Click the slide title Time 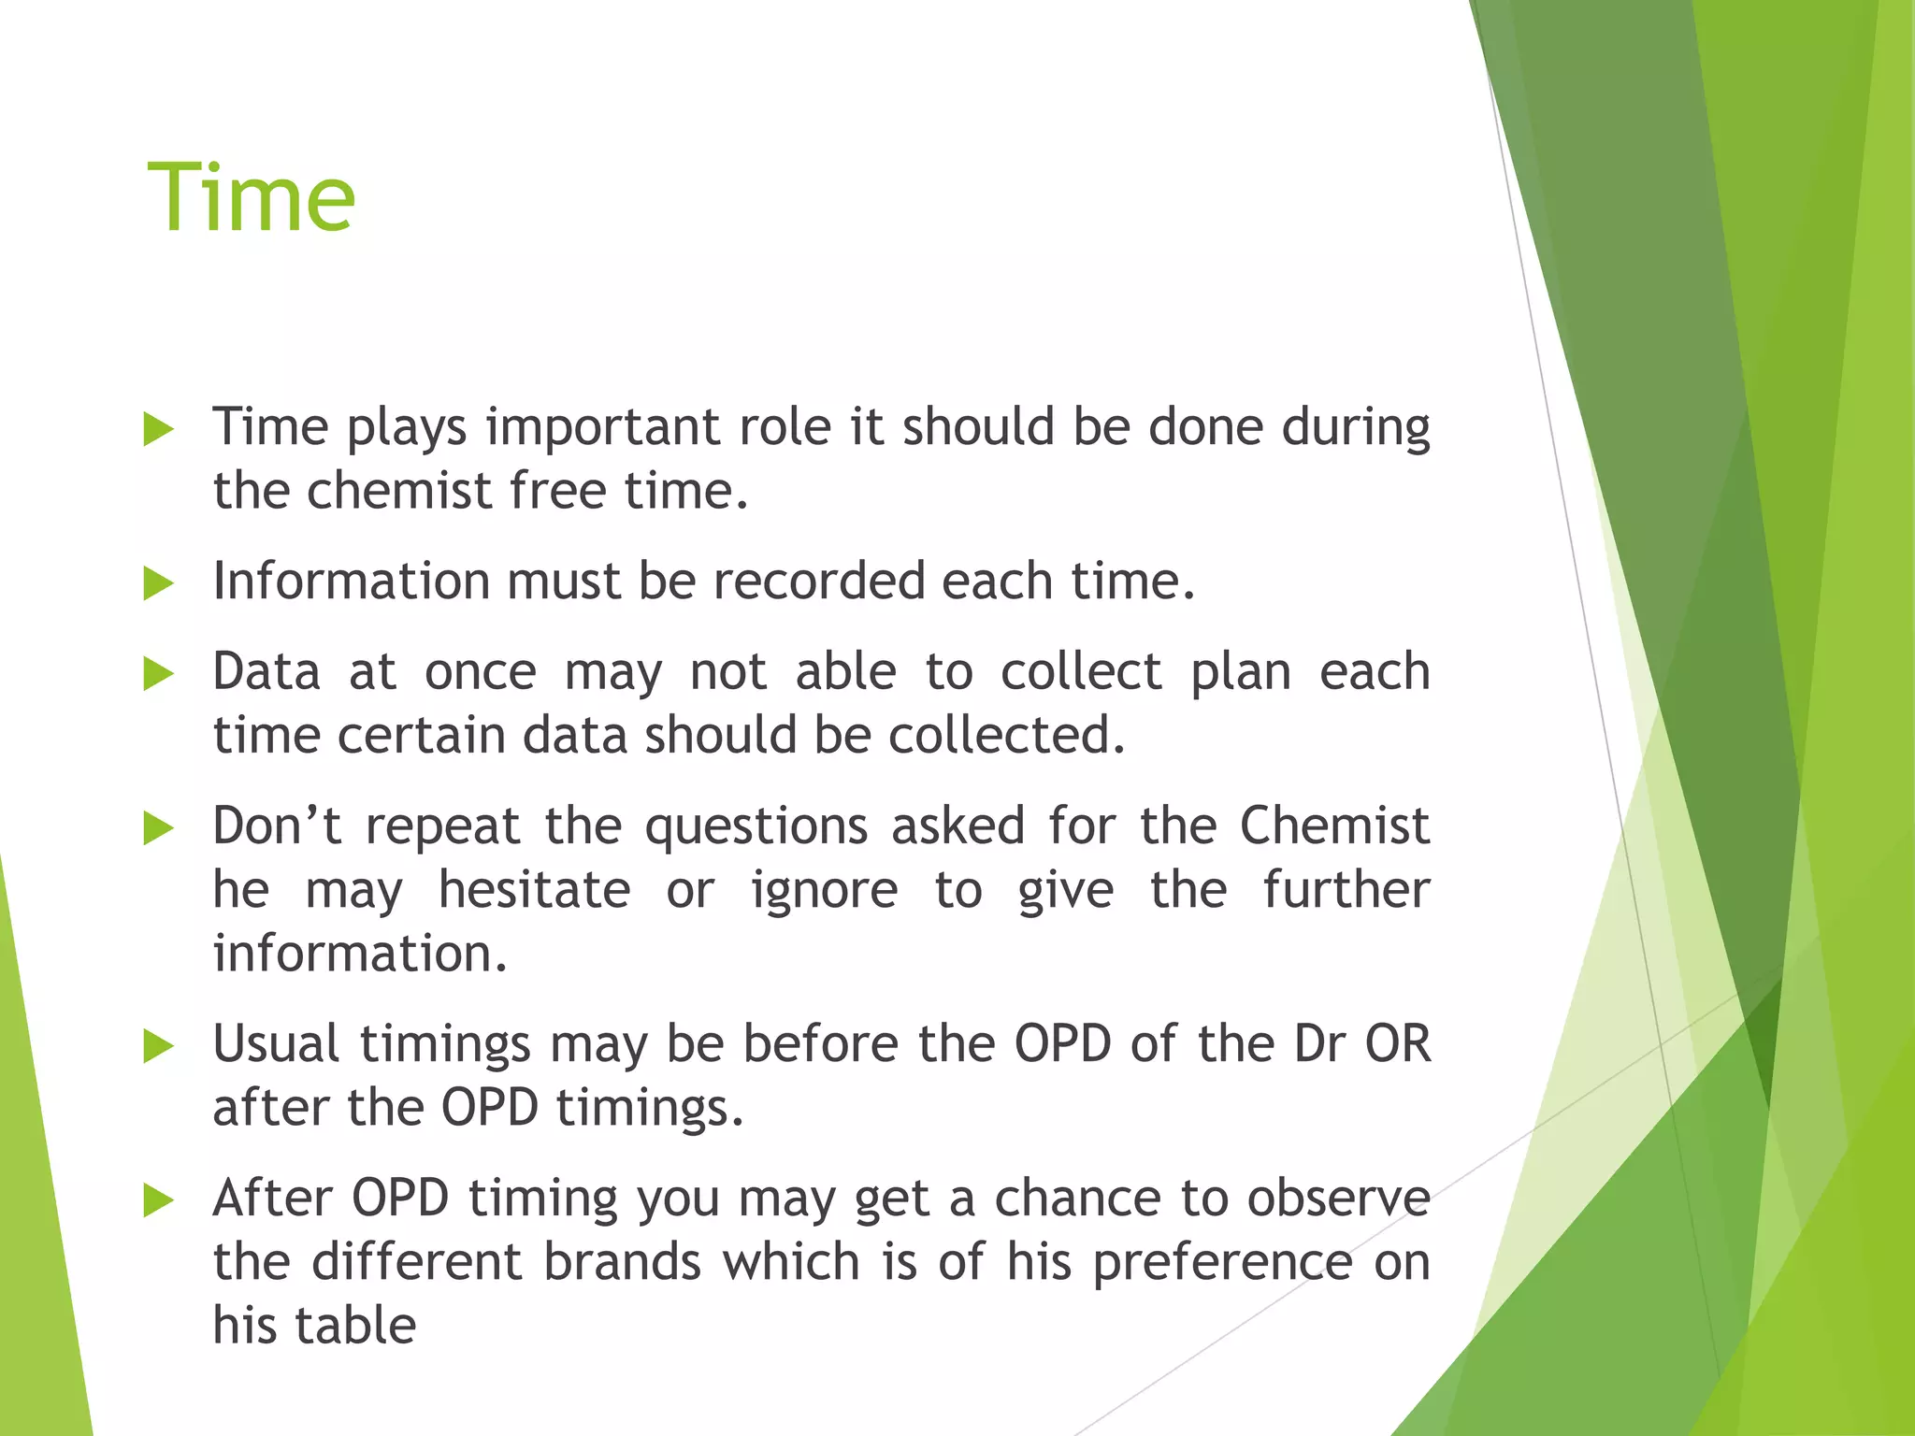(251, 197)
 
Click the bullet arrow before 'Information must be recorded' (159, 584)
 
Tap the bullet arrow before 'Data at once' (159, 674)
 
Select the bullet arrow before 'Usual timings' (159, 1046)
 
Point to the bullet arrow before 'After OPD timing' (159, 1200)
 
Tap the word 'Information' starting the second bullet (351, 582)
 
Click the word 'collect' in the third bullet (1081, 672)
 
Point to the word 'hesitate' (534, 890)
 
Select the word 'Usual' (276, 1043)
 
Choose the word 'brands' (622, 1262)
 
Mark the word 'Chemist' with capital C (1334, 826)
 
